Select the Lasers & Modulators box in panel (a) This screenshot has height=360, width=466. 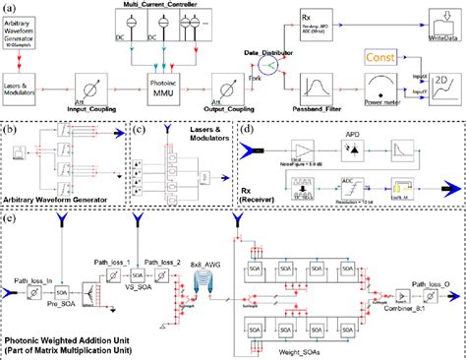tap(35, 79)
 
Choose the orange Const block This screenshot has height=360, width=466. tap(387, 59)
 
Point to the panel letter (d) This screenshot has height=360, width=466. tap(246, 128)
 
